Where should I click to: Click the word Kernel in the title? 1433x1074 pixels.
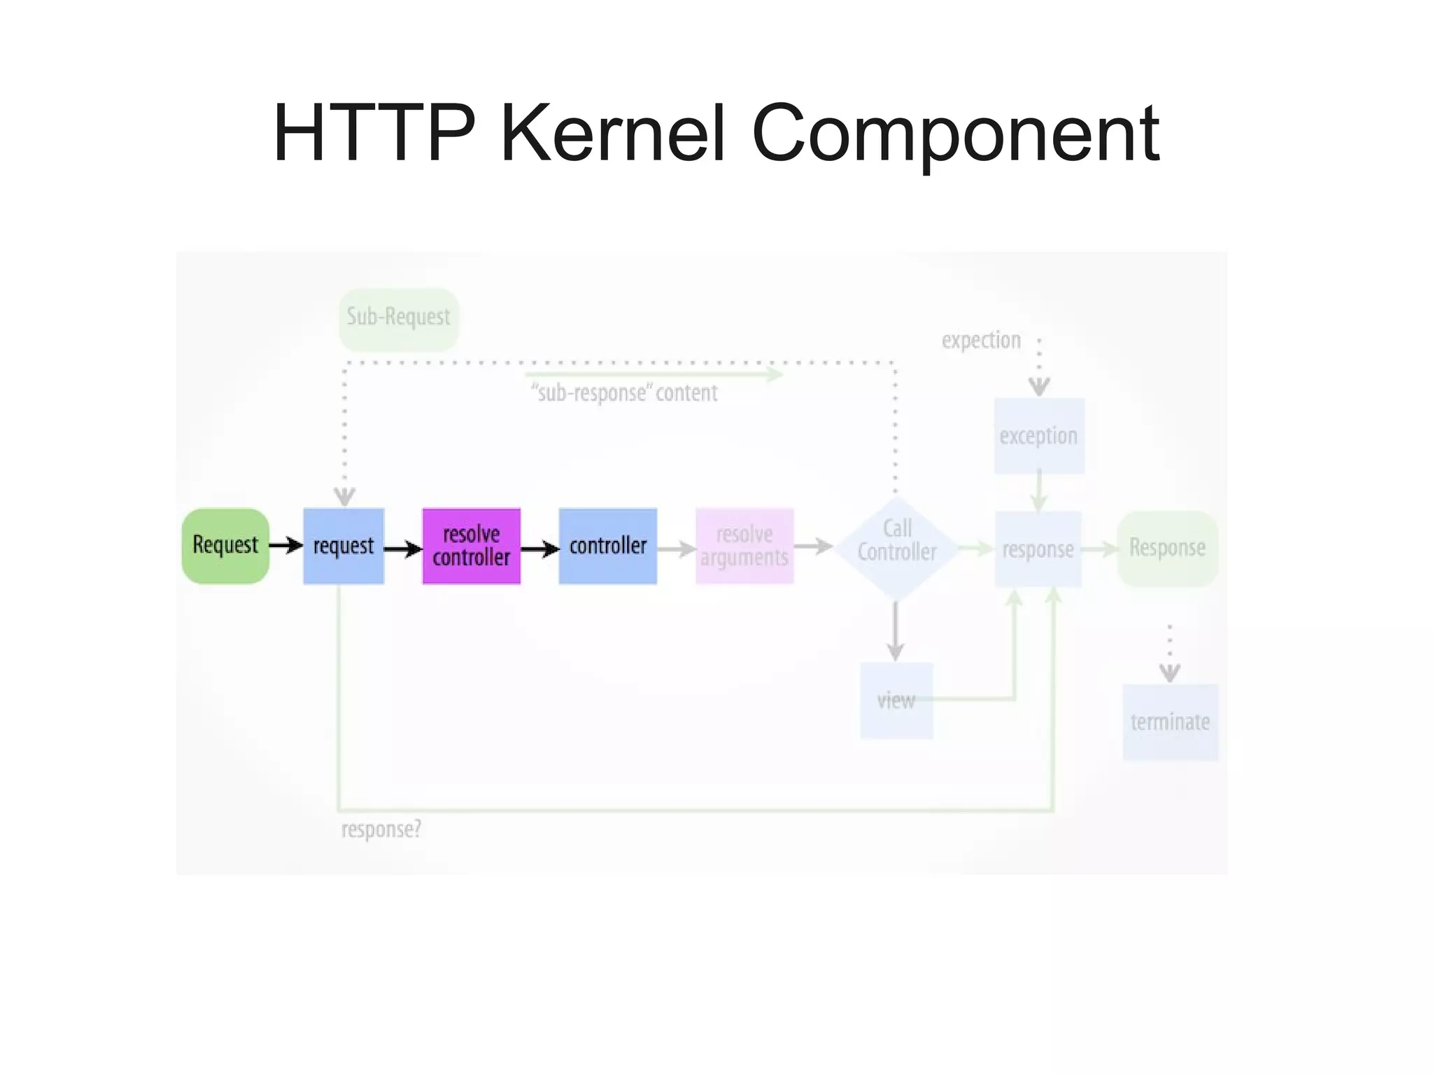click(612, 133)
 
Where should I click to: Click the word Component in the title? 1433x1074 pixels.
click(955, 133)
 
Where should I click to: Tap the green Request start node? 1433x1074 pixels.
click(225, 545)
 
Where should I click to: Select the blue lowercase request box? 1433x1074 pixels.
click(344, 546)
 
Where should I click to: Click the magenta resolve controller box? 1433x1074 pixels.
click(472, 546)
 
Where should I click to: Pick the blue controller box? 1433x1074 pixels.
click(608, 546)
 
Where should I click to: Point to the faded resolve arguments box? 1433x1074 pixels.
click(744, 546)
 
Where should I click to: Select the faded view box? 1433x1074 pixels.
click(896, 700)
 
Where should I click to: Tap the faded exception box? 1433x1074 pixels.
click(1039, 436)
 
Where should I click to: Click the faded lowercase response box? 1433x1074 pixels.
click(1038, 549)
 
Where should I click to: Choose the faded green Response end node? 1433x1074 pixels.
click(1168, 548)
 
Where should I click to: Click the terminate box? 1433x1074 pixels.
click(1171, 721)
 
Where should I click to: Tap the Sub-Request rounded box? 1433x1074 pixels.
click(399, 318)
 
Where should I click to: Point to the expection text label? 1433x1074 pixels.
click(981, 341)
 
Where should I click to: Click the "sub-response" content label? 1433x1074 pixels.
click(625, 393)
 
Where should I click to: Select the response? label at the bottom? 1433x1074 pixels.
click(381, 829)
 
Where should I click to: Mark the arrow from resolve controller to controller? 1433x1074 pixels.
click(539, 549)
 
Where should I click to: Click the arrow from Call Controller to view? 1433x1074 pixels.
click(896, 630)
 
